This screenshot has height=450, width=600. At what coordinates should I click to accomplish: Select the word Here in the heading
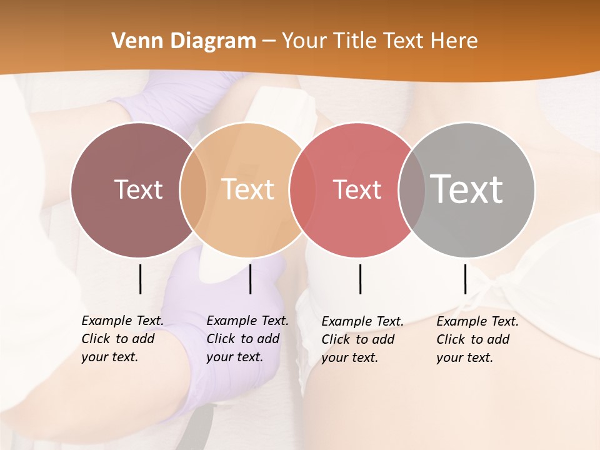[x=454, y=41]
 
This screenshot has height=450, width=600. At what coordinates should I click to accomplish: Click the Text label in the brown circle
[x=138, y=189]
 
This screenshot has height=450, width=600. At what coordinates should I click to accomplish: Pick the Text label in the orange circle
[x=247, y=189]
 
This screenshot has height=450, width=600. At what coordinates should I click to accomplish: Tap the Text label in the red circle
[x=357, y=189]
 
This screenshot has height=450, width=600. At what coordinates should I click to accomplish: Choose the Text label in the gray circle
[x=466, y=189]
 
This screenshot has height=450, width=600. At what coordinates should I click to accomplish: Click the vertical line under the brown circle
[x=141, y=279]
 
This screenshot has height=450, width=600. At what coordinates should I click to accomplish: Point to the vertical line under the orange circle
[x=250, y=279]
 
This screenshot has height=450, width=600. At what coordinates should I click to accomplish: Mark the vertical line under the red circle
[x=360, y=279]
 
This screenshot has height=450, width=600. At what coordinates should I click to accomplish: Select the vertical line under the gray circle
[x=465, y=279]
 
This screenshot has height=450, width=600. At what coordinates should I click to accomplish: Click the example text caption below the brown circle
[x=122, y=339]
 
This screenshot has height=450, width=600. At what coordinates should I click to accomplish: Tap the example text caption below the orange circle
[x=247, y=339]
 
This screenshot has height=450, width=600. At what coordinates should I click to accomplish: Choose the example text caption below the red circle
[x=362, y=339]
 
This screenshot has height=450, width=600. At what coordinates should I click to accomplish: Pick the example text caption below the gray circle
[x=477, y=339]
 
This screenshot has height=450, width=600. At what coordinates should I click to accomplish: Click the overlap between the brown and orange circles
[x=193, y=189]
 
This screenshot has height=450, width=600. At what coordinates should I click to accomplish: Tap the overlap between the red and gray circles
[x=411, y=189]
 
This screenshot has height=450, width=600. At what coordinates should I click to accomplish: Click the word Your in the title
[x=303, y=41]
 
